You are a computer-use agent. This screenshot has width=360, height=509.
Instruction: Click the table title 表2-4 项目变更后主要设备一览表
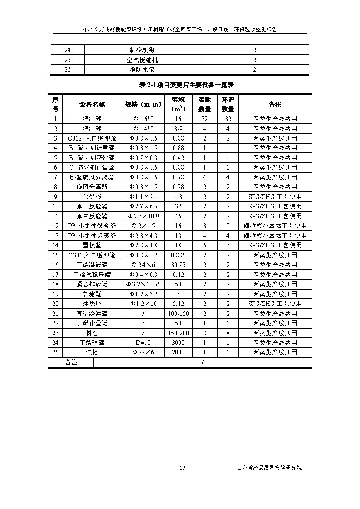[x=180, y=85]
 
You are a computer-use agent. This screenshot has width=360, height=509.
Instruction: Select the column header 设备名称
[x=92, y=105]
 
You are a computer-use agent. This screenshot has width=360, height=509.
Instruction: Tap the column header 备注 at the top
[x=275, y=105]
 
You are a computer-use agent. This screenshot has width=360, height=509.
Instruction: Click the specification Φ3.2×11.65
[x=143, y=284]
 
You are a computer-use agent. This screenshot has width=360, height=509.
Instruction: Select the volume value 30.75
[x=178, y=265]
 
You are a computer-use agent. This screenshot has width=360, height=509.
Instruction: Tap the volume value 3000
[x=178, y=343]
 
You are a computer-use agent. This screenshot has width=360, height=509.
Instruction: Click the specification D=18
[x=143, y=343]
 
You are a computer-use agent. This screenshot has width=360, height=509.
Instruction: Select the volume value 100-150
[x=178, y=314]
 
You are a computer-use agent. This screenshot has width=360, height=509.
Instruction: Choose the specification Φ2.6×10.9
[x=143, y=216]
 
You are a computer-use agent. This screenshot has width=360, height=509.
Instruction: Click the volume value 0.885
[x=178, y=255]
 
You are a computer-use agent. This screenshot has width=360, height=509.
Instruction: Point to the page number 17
[x=182, y=468]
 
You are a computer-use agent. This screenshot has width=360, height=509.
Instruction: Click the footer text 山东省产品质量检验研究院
[x=269, y=468]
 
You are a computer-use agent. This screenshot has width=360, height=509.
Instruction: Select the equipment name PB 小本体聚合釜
[x=92, y=226]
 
